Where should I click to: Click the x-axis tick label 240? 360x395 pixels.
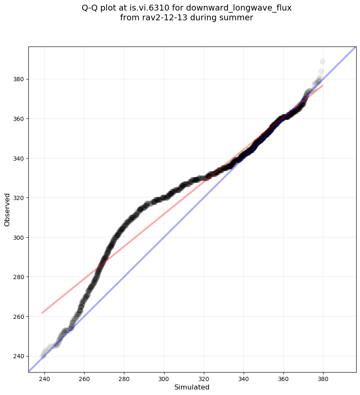click(x=44, y=379)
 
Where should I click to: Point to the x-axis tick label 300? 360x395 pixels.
click(x=164, y=379)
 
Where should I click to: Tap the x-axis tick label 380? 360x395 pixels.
click(x=324, y=379)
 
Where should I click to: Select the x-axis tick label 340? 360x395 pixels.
click(x=244, y=379)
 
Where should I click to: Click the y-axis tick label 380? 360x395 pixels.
click(x=19, y=79)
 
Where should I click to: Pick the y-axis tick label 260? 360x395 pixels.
click(x=19, y=316)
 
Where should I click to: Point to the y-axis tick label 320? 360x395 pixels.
click(x=19, y=198)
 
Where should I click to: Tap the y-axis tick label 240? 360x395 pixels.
click(x=19, y=356)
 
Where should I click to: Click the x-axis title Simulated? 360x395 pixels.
click(x=192, y=387)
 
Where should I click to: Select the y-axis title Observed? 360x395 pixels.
click(x=7, y=209)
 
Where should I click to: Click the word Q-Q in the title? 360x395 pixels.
click(x=90, y=8)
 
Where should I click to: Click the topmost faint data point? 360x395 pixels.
click(x=322, y=62)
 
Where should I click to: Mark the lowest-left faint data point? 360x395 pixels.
click(x=43, y=356)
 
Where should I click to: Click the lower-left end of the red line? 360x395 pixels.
click(x=42, y=313)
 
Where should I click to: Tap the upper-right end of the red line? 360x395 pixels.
click(x=323, y=85)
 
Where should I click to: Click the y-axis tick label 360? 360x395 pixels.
click(x=19, y=119)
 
